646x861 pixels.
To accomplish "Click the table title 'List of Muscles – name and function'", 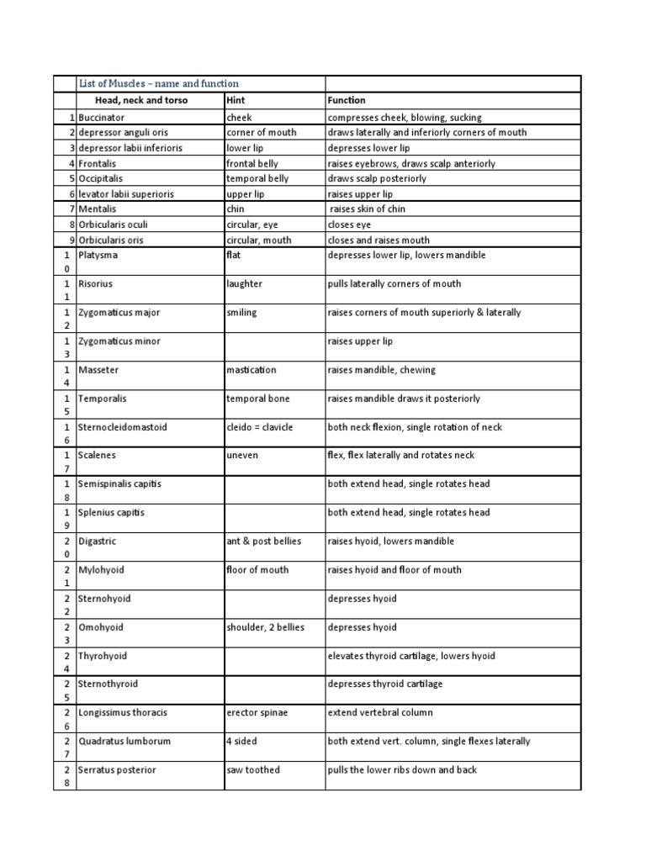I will pos(158,83).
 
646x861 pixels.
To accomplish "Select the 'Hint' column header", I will pos(236,100).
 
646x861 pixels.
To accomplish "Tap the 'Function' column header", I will pos(347,100).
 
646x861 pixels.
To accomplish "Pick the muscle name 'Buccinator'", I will pos(101,118).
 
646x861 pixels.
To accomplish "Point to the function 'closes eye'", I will pos(349,224).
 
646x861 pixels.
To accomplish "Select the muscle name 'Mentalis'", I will pos(98,209).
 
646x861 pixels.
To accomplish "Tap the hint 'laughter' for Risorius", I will pos(245,284).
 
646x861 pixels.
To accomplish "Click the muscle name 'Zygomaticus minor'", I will pos(119,341).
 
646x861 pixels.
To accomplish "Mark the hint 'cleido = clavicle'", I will pos(260,427).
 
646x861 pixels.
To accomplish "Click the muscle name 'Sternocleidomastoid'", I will pos(123,427).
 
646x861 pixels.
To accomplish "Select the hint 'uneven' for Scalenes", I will pos(242,455).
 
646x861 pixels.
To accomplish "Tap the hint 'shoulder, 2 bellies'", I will pos(265,627).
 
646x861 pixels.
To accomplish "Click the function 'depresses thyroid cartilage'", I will pos(384,684).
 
